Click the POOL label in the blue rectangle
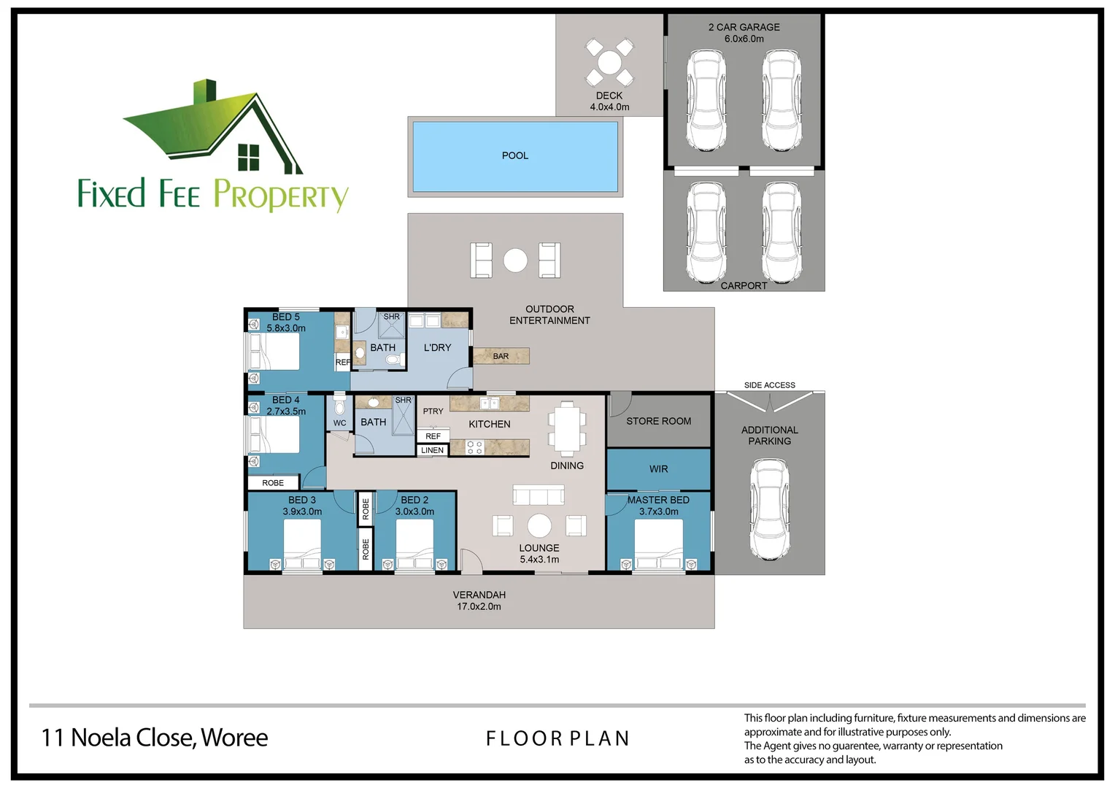click(514, 155)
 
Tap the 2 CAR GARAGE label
click(744, 27)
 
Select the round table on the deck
click(609, 62)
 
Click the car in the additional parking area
click(770, 509)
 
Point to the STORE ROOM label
click(658, 421)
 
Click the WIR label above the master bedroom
click(658, 469)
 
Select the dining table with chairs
click(567, 430)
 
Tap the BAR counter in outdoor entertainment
click(501, 356)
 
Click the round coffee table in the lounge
click(539, 525)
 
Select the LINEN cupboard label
click(432, 450)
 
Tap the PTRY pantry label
click(433, 412)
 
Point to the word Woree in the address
click(234, 738)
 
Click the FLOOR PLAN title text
click(557, 738)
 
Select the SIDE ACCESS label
click(769, 385)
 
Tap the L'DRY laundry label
click(437, 348)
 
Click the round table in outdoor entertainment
click(515, 260)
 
